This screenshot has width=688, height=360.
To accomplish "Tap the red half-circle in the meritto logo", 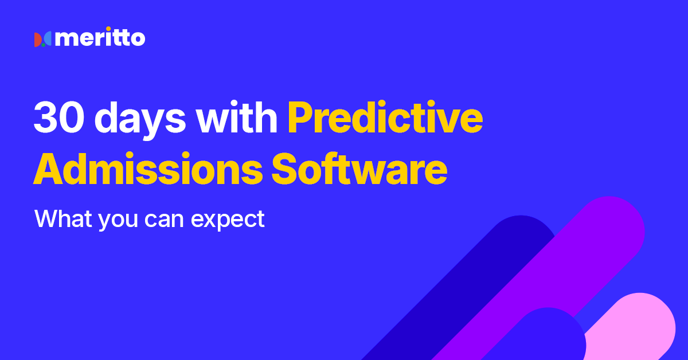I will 37,40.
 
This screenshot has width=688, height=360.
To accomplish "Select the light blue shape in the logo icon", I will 48,39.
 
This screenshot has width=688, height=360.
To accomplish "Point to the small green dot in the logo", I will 42,44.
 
